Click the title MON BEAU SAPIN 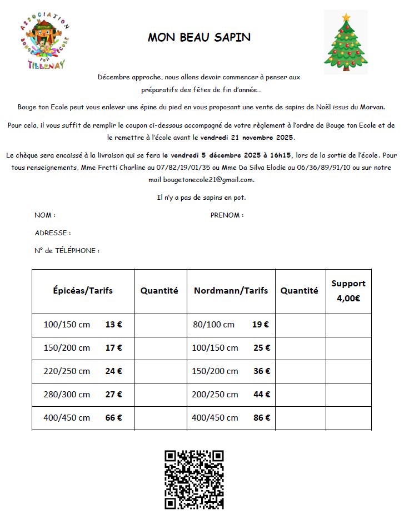click(199, 38)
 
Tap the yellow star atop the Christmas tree click(347, 17)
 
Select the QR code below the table click(194, 479)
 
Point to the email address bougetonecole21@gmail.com click(208, 180)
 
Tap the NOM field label click(45, 215)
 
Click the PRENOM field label click(227, 215)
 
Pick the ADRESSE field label click(53, 233)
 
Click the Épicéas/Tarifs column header click(83, 290)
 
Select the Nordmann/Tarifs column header click(231, 290)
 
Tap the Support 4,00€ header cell click(348, 291)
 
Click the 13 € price click(113, 325)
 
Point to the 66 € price click(113, 418)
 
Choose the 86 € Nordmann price click(262, 418)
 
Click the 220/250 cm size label click(67, 371)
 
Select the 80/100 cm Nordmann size click(213, 325)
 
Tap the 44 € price click(262, 395)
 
